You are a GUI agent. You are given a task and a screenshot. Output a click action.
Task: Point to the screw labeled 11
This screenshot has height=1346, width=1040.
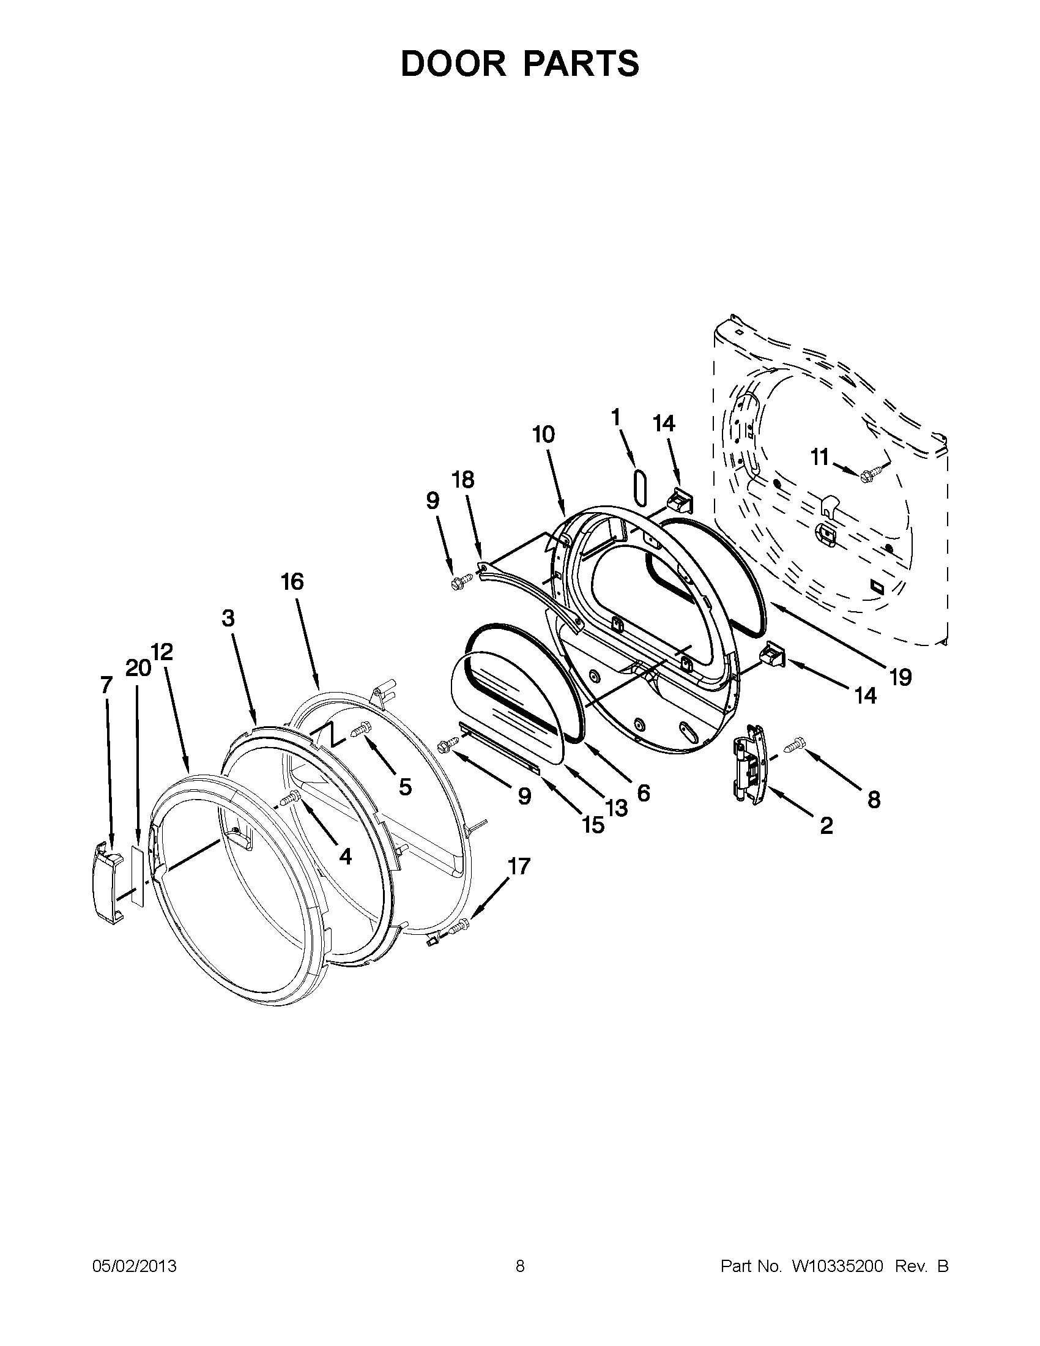870,474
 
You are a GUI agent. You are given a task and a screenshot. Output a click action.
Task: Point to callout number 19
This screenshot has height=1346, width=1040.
900,678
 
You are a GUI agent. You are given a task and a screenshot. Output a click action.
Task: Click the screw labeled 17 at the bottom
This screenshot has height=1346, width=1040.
459,941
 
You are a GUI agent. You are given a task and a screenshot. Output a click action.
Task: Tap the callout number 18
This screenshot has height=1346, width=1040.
463,480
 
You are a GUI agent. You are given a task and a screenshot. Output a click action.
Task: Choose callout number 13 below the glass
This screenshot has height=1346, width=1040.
616,807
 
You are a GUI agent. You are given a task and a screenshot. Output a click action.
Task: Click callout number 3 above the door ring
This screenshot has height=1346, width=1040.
228,618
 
